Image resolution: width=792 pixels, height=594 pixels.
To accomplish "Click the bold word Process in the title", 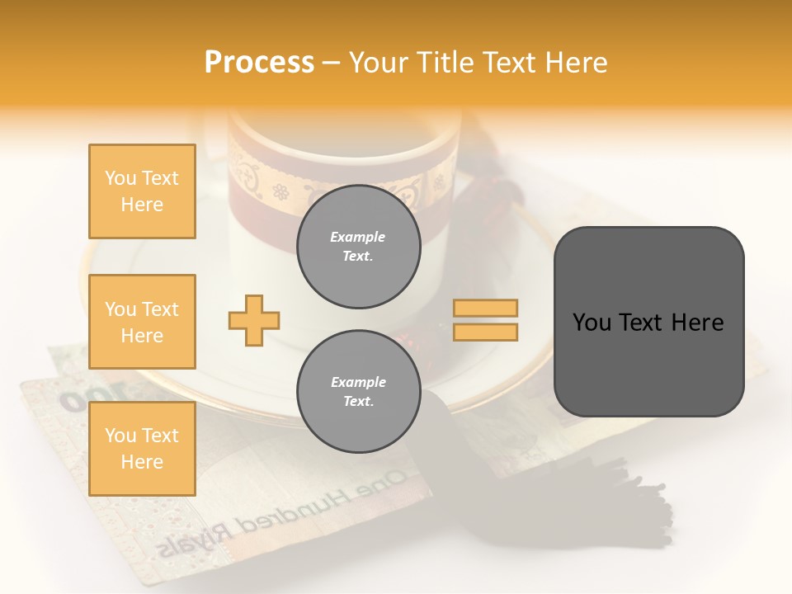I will coord(259,62).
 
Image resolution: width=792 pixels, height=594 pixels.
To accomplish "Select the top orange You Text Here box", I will coord(142,191).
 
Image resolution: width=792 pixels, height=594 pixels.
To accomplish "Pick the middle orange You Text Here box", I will coord(142,322).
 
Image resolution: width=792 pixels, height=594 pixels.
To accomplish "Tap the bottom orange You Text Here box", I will coord(142,449).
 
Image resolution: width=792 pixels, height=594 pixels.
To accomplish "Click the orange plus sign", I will coord(254,320).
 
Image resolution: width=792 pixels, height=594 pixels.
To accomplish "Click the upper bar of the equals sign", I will coord(486,308).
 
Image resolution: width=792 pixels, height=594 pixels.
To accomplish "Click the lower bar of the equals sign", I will coord(486,332).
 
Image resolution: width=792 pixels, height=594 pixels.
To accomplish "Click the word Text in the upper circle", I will coord(358,256).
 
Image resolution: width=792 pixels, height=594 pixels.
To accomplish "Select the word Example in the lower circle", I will coord(358,382).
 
